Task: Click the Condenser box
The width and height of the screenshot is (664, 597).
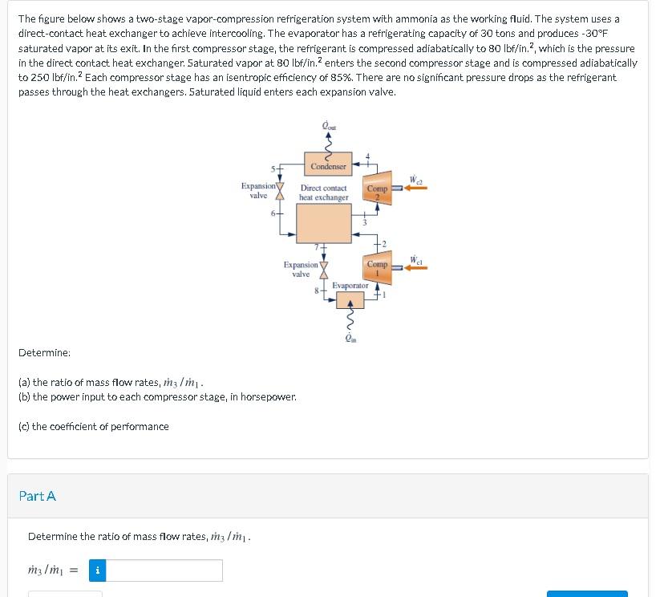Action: click(x=327, y=166)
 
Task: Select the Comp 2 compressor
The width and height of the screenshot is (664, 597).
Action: click(x=377, y=187)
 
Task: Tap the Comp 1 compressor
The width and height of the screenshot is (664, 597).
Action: click(x=377, y=269)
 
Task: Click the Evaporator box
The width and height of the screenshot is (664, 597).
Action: click(x=350, y=300)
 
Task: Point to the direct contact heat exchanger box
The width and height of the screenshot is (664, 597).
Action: click(x=323, y=222)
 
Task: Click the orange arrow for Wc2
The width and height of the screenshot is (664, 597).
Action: click(x=414, y=188)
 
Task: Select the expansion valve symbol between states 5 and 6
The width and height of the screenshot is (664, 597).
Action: click(x=281, y=190)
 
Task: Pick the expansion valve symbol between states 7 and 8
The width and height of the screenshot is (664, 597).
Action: click(x=325, y=269)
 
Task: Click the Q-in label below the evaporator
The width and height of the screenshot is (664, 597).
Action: click(x=350, y=338)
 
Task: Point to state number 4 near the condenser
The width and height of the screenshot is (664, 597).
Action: click(x=368, y=156)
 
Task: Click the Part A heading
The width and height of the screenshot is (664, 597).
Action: click(x=38, y=496)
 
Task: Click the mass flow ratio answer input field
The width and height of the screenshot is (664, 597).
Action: click(x=165, y=571)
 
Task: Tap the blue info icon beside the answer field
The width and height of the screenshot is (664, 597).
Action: click(x=98, y=571)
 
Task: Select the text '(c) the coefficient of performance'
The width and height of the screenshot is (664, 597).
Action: click(x=93, y=426)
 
